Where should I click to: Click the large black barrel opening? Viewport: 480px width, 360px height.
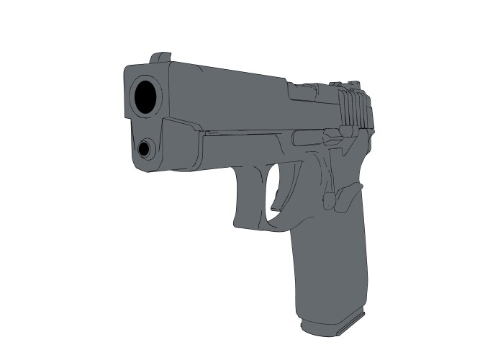(x=146, y=96)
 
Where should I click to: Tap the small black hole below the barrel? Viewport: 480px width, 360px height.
(x=145, y=149)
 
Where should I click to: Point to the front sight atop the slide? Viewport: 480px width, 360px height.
(x=160, y=58)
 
